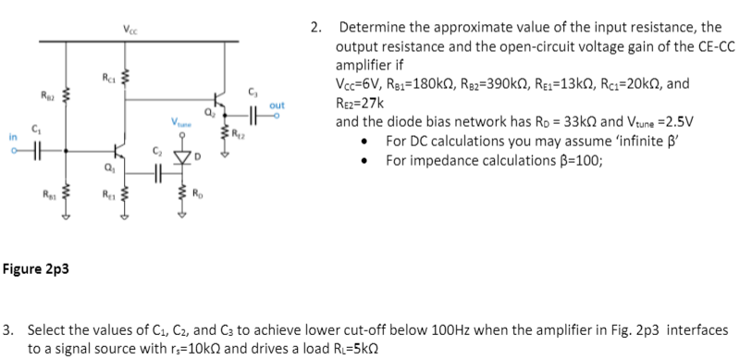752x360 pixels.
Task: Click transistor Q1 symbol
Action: [117, 151]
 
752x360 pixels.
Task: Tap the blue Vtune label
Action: [179, 122]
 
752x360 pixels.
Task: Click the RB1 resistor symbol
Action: [65, 195]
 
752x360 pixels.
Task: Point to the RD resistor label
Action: [196, 193]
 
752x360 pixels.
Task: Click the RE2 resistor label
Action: [240, 130]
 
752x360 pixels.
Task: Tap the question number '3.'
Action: [7, 329]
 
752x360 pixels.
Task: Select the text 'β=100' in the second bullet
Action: [574, 159]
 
